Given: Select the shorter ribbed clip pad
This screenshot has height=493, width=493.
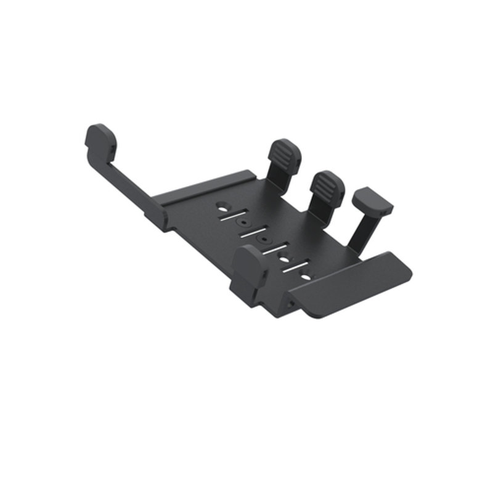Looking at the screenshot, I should [x=327, y=185].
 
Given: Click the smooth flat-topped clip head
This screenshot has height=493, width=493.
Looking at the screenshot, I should [x=373, y=201].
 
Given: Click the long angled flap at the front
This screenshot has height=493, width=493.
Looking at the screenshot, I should [x=351, y=283].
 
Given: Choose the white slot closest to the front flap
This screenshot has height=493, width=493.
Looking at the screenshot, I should [x=295, y=267].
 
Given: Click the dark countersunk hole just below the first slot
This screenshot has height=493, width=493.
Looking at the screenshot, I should [x=243, y=222].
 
